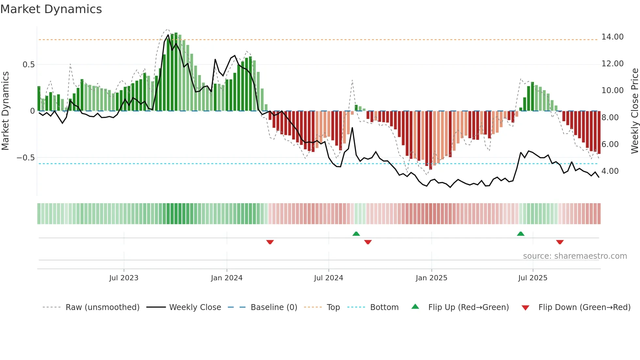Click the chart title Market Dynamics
coord(51,9)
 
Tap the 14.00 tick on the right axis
coord(612,37)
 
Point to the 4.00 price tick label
coord(610,171)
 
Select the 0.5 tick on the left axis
coord(28,65)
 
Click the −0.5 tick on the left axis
coord(26,158)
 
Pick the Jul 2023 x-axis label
coord(124,278)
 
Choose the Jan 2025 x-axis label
coord(431,278)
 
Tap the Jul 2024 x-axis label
coord(328,278)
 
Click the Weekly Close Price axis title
coord(634,111)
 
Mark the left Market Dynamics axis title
coord(5,111)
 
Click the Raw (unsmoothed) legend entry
coord(102,307)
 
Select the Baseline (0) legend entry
coord(274,307)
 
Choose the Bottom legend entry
coord(384,307)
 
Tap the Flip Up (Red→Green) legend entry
coord(468,307)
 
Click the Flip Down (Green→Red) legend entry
coord(584,307)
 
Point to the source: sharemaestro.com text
coord(575,256)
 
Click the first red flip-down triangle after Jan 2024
coord(270,242)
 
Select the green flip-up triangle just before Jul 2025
coord(520,234)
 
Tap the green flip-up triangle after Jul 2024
coord(356,234)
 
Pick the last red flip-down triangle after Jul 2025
coord(560,242)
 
